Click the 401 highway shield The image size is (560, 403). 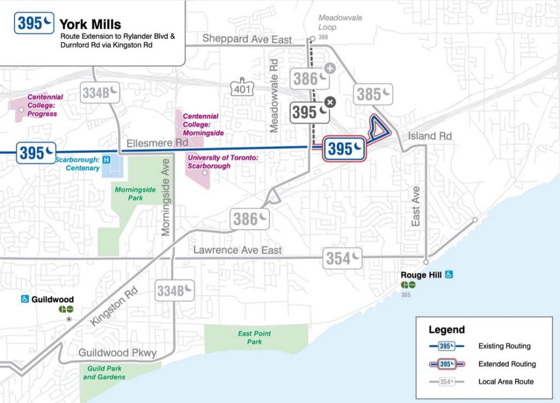pos(241,89)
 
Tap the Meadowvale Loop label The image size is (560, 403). pos(340,21)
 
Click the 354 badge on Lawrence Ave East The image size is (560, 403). pos(343,258)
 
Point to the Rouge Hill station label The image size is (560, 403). pos(421,275)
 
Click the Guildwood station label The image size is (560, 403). pos(52,299)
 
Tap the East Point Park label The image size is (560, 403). pos(254,337)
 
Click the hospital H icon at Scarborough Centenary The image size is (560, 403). pos(107,160)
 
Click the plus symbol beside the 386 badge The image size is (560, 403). pos(330,68)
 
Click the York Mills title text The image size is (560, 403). pos(90,25)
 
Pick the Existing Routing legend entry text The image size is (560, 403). pos(504,346)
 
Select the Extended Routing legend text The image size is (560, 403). pos(507,364)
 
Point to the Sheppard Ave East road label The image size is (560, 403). pos(247,39)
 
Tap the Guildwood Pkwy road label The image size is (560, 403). pos(117,353)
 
